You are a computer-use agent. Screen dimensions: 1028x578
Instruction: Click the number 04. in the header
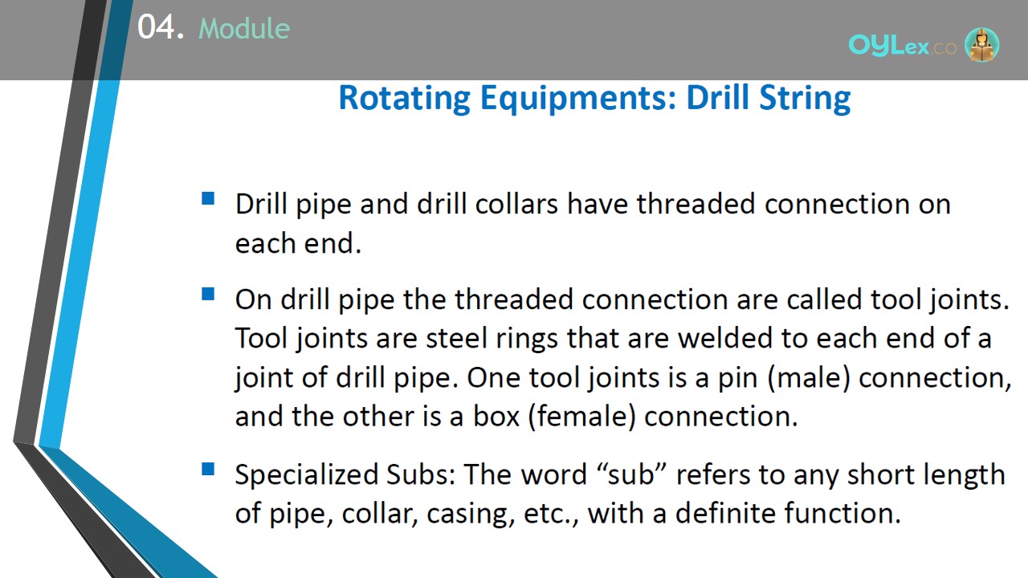[x=161, y=27]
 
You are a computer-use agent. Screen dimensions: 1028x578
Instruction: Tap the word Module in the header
[x=244, y=28]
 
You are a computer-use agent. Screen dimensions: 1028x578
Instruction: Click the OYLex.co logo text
[x=902, y=46]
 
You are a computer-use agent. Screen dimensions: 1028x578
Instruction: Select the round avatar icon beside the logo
[x=982, y=45]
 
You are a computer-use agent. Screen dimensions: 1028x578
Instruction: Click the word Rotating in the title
[x=405, y=98]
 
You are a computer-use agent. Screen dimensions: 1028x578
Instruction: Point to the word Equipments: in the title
[x=578, y=98]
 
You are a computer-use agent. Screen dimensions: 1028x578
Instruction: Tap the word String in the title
[x=805, y=98]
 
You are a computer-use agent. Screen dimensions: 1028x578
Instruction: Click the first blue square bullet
[x=208, y=198]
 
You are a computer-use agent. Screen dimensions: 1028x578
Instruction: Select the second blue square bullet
[x=208, y=294]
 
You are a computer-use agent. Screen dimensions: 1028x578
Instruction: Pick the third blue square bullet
[x=208, y=469]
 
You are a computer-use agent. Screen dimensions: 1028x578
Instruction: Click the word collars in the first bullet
[x=516, y=204]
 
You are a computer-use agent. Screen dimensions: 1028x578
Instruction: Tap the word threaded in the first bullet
[x=696, y=204]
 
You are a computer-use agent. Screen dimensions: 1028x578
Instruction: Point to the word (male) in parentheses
[x=809, y=378]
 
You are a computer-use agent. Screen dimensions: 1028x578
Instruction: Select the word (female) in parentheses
[x=582, y=417]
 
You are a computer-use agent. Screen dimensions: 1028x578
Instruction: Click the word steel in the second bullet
[x=456, y=338]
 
